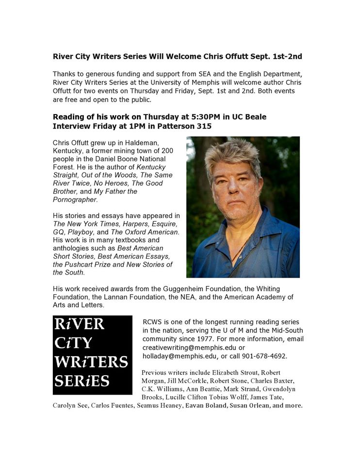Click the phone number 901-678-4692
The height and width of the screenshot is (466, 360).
point(264,356)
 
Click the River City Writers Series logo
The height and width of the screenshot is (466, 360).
point(92,354)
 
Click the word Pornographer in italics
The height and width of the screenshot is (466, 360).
point(75,200)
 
